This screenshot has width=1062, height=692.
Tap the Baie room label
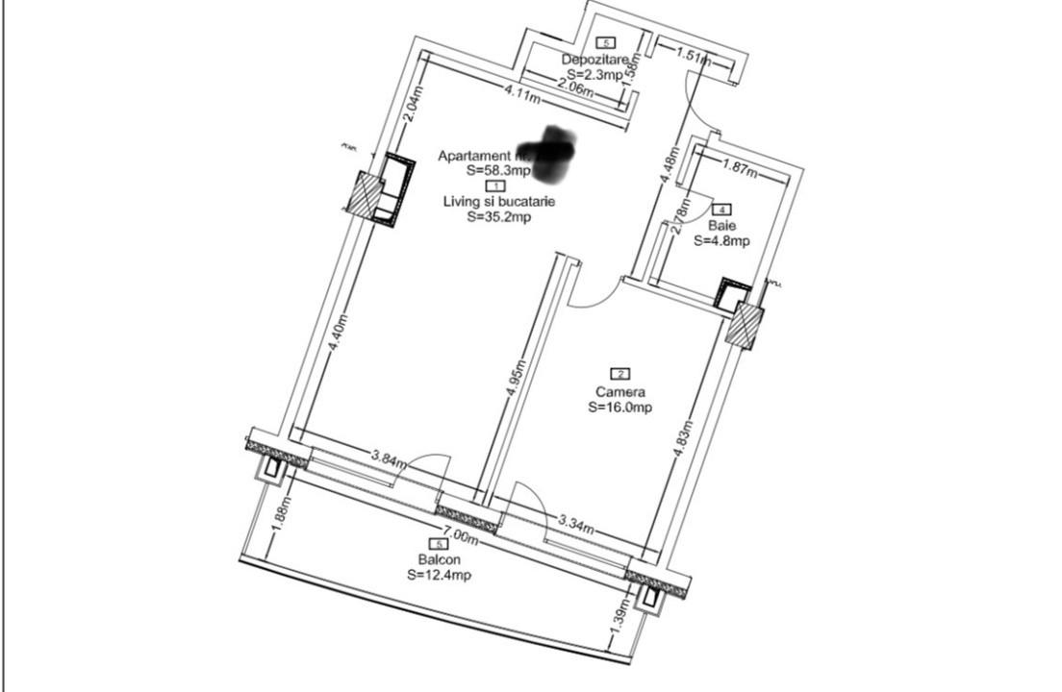[721, 225]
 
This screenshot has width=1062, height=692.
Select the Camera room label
[620, 392]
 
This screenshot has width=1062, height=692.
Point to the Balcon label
[439, 560]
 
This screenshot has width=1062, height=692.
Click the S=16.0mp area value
[620, 408]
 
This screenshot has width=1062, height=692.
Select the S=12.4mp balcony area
[439, 575]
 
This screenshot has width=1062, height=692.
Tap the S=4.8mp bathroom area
[721, 241]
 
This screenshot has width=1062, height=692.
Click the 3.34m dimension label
[577, 525]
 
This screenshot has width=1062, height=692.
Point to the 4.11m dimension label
[524, 94]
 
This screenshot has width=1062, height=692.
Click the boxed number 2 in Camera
[620, 374]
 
